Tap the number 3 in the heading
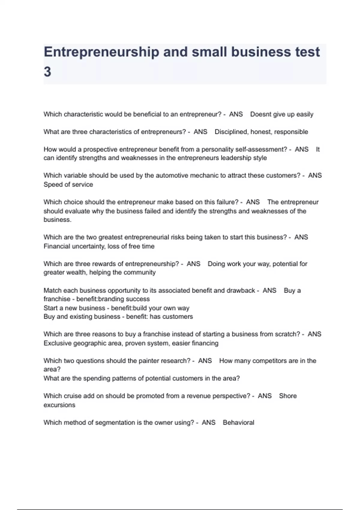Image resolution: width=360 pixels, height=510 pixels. click(x=47, y=72)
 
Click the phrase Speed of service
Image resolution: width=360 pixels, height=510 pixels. click(x=68, y=184)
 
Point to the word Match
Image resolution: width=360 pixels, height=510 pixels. click(x=52, y=290)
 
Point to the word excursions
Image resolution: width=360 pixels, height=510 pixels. click(x=59, y=405)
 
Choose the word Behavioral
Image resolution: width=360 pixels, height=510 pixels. click(x=238, y=423)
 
